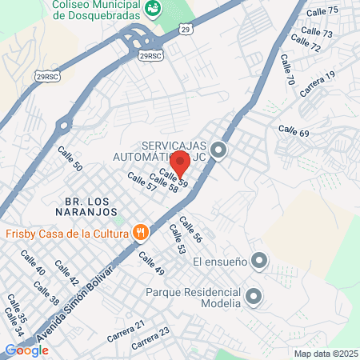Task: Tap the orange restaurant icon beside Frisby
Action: click(141, 233)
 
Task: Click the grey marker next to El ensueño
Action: click(258, 260)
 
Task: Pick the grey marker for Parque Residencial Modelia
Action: click(254, 298)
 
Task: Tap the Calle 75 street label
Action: click(322, 10)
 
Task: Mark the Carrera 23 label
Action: click(151, 338)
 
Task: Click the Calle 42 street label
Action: click(66, 273)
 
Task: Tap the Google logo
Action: click(26, 350)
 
